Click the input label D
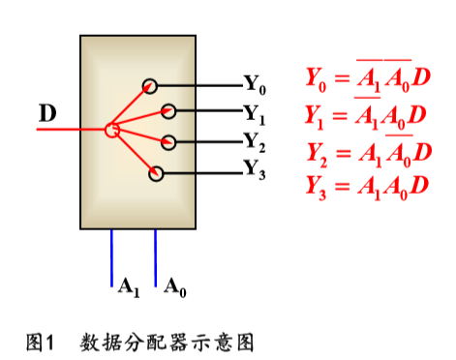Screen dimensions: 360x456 pyautogui.click(x=46, y=114)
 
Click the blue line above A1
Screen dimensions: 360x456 pyautogui.click(x=111, y=256)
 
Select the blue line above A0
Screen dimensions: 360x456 pyautogui.click(x=155, y=256)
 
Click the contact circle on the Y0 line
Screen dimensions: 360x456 pyautogui.click(x=150, y=85)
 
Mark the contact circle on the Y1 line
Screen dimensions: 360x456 pyautogui.click(x=168, y=112)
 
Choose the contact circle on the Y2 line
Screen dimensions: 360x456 pyautogui.click(x=168, y=142)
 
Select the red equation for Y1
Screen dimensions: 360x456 pyautogui.click(x=366, y=116)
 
